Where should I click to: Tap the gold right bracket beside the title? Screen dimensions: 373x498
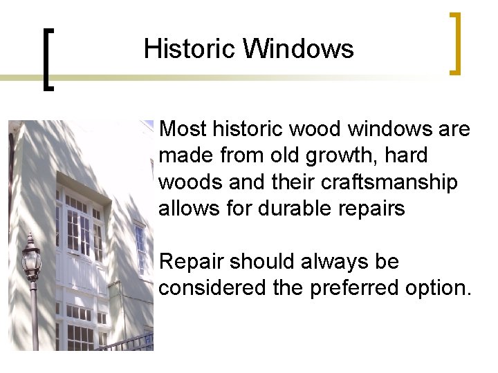(x=454, y=43)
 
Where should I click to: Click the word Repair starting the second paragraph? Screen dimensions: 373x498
(x=192, y=262)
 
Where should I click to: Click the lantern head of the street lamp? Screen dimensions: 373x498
(x=31, y=259)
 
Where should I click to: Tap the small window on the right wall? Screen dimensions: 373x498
(x=140, y=249)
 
